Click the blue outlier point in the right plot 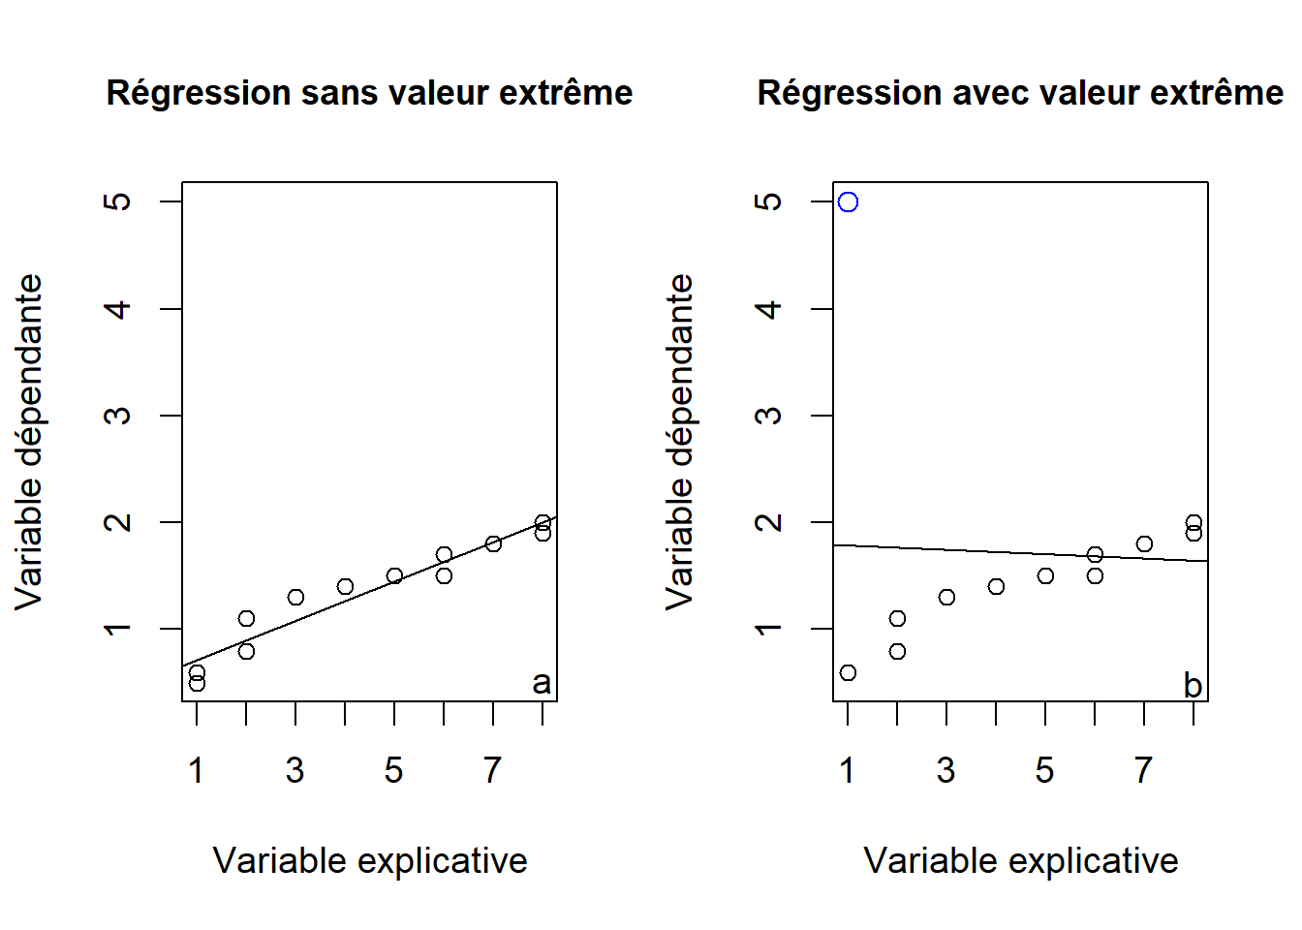[x=848, y=201]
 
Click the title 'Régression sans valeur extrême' [x=369, y=93]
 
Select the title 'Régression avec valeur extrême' [x=1020, y=93]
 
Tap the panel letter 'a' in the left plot [x=542, y=683]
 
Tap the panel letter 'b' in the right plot [x=1193, y=685]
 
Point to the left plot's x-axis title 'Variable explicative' [x=369, y=860]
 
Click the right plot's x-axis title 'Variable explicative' [x=1020, y=860]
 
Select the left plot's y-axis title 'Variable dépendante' [x=29, y=442]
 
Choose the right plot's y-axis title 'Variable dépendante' [x=680, y=442]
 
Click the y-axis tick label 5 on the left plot [x=117, y=201]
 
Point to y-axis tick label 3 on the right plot [x=768, y=416]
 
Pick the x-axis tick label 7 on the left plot [x=493, y=770]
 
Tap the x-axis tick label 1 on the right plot [x=848, y=770]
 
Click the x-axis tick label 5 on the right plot [x=1045, y=770]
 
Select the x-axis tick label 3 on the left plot [x=295, y=770]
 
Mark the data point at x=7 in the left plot [x=493, y=543]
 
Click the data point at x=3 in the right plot [x=946, y=597]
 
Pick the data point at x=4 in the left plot [x=345, y=586]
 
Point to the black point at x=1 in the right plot [x=848, y=672]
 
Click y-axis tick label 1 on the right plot [x=768, y=629]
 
